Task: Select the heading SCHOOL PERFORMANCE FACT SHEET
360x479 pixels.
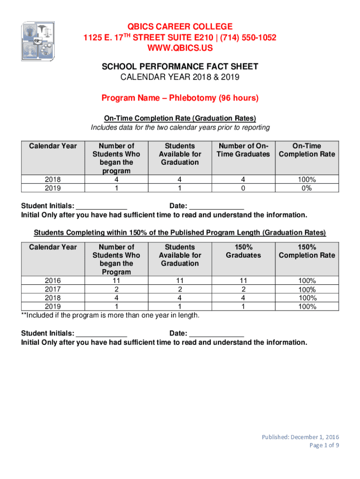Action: [x=180, y=67]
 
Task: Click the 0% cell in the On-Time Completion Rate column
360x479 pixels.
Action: [x=307, y=188]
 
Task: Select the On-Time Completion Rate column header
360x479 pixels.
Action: [x=307, y=150]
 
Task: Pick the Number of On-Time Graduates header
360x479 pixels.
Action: [x=243, y=150]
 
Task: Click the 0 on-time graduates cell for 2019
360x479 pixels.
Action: [x=243, y=188]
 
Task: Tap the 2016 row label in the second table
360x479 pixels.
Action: [x=52, y=281]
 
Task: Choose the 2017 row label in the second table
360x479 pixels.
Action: [x=52, y=289]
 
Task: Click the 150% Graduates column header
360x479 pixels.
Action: [x=243, y=251]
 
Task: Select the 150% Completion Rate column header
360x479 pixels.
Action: [x=307, y=251]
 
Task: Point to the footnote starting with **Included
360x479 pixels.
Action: [x=110, y=315]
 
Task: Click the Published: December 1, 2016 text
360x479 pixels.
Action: [x=300, y=437]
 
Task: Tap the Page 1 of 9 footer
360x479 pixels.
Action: [x=324, y=445]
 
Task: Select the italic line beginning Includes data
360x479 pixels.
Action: [x=180, y=127]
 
